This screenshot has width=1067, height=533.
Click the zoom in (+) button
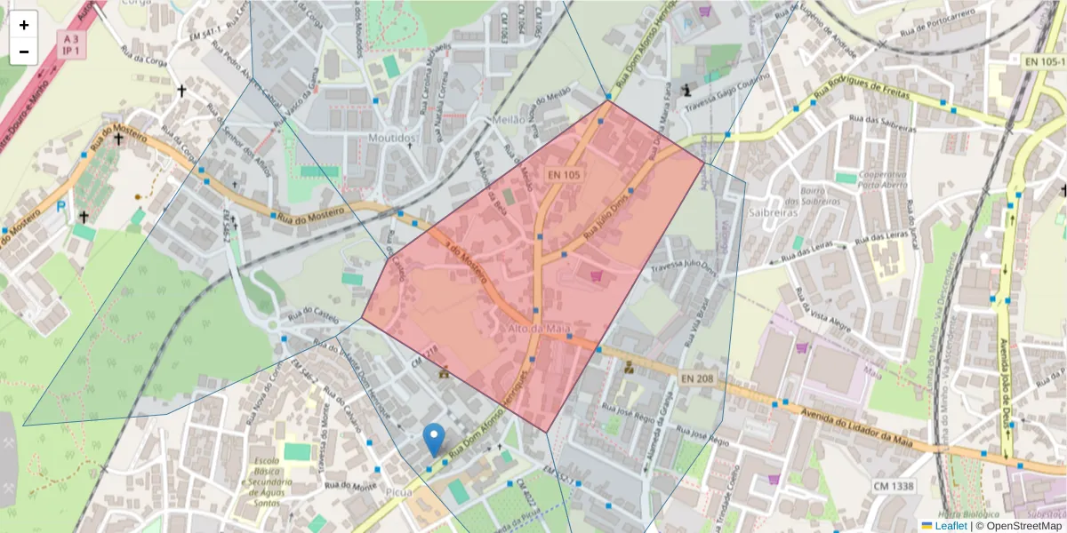point(24,25)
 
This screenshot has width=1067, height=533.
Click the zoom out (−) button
point(24,52)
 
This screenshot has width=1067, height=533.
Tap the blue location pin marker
point(434,439)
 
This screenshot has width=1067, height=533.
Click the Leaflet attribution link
point(950,526)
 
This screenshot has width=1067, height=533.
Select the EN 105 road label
point(564,176)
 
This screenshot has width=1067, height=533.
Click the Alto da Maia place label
point(538,330)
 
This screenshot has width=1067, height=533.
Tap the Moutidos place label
point(392,139)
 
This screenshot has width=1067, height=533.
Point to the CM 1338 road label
point(893,487)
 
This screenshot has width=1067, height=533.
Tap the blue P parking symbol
point(60,207)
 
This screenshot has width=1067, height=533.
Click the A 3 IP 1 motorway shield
point(68,44)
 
